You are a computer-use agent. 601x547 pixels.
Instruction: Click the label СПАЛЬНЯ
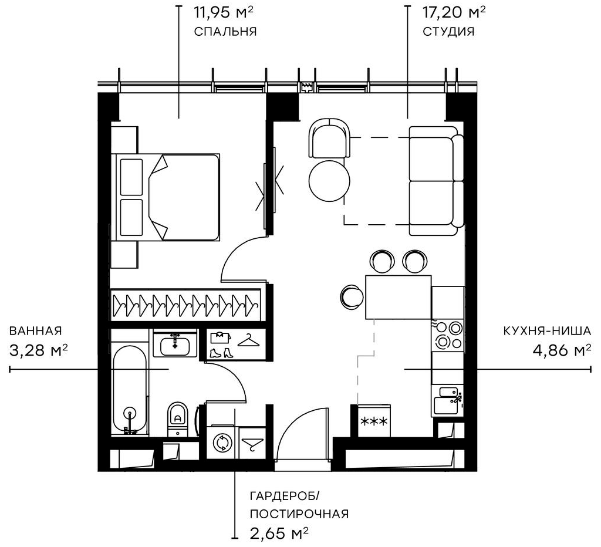pyautogui.click(x=225, y=31)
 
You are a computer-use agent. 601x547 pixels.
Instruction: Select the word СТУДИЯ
pyautogui.click(x=448, y=31)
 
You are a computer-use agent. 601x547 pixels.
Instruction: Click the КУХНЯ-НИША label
pyautogui.click(x=546, y=331)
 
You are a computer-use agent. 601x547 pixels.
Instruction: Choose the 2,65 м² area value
pyautogui.click(x=279, y=534)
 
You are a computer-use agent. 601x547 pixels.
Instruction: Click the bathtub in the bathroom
pyautogui.click(x=130, y=390)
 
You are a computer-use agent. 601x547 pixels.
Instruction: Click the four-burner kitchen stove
pyautogui.click(x=448, y=335)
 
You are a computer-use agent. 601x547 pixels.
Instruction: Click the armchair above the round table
pyautogui.click(x=328, y=137)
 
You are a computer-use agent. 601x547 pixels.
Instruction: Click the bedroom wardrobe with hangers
pyautogui.click(x=186, y=304)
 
